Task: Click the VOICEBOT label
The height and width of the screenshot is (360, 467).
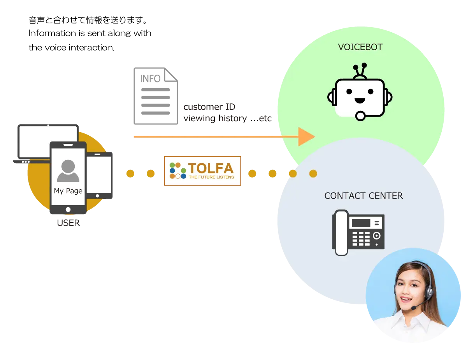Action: (x=360, y=47)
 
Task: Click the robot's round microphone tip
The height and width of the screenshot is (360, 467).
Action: (x=360, y=115)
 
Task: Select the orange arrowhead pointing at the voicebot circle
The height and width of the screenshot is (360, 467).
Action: (x=306, y=136)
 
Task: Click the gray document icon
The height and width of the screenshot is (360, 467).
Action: (x=155, y=96)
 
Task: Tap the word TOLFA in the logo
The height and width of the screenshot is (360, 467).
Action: (x=211, y=168)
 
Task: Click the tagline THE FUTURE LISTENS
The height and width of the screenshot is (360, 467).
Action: (x=211, y=177)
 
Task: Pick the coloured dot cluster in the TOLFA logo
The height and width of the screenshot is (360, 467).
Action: (x=178, y=171)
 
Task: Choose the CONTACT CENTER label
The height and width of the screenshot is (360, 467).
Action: (x=363, y=196)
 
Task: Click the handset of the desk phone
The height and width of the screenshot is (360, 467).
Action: (x=341, y=232)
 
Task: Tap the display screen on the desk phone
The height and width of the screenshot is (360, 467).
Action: (x=361, y=223)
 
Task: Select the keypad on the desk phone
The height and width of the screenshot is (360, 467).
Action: (x=361, y=239)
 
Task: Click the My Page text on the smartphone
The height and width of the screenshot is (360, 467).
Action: (x=68, y=191)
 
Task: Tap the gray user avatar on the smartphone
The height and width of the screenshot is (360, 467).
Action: (x=68, y=171)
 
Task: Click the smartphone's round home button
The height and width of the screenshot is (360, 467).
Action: (x=68, y=210)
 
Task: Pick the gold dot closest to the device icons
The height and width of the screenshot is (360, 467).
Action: (x=130, y=173)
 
